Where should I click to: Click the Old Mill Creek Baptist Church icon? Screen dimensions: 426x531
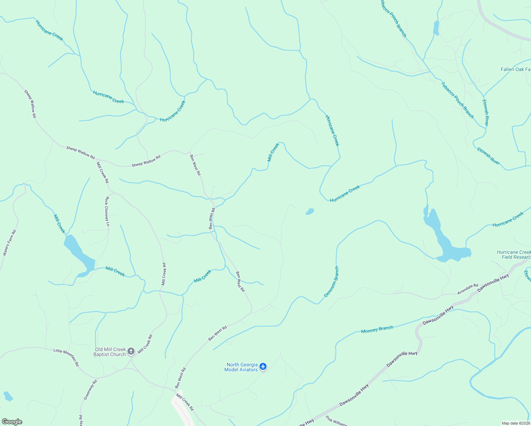[131, 351]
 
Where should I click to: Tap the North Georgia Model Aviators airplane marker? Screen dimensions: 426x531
[263, 366]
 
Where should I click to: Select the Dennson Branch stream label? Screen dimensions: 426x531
[332, 282]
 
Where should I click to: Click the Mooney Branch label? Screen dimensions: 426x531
[377, 329]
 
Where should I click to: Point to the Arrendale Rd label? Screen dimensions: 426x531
[467, 289]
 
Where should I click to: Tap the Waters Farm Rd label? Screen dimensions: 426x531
[10, 243]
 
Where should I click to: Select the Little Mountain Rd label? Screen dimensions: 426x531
[66, 357]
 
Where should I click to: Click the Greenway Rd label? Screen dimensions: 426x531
[90, 390]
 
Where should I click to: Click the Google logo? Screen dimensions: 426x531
[12, 422]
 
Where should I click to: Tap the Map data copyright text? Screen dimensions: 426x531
[515, 423]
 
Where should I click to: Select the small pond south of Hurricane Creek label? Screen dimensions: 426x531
[310, 212]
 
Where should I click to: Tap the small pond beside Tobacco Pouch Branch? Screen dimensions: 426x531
[436, 28]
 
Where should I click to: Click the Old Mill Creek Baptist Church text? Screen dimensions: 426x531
[110, 352]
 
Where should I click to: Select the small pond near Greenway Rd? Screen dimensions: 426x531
[8, 396]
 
